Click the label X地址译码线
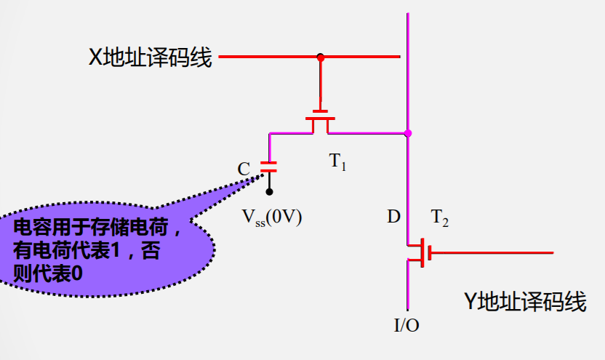(150, 57)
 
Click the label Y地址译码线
(525, 300)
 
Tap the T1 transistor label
(338, 162)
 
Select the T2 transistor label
(439, 217)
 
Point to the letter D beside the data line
(393, 217)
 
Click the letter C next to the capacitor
(244, 169)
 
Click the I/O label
(406, 325)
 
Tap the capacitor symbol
(270, 165)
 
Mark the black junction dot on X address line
(320, 57)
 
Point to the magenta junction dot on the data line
(408, 133)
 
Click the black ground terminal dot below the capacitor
(270, 192)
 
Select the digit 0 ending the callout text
(77, 273)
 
